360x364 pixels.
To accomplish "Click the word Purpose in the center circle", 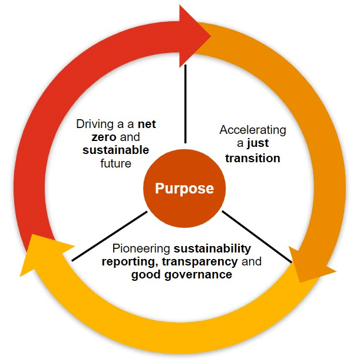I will coord(184,189).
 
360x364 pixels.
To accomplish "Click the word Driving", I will coord(94,125).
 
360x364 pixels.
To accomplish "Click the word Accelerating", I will coord(253,130).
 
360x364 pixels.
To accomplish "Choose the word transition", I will coord(253,158).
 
